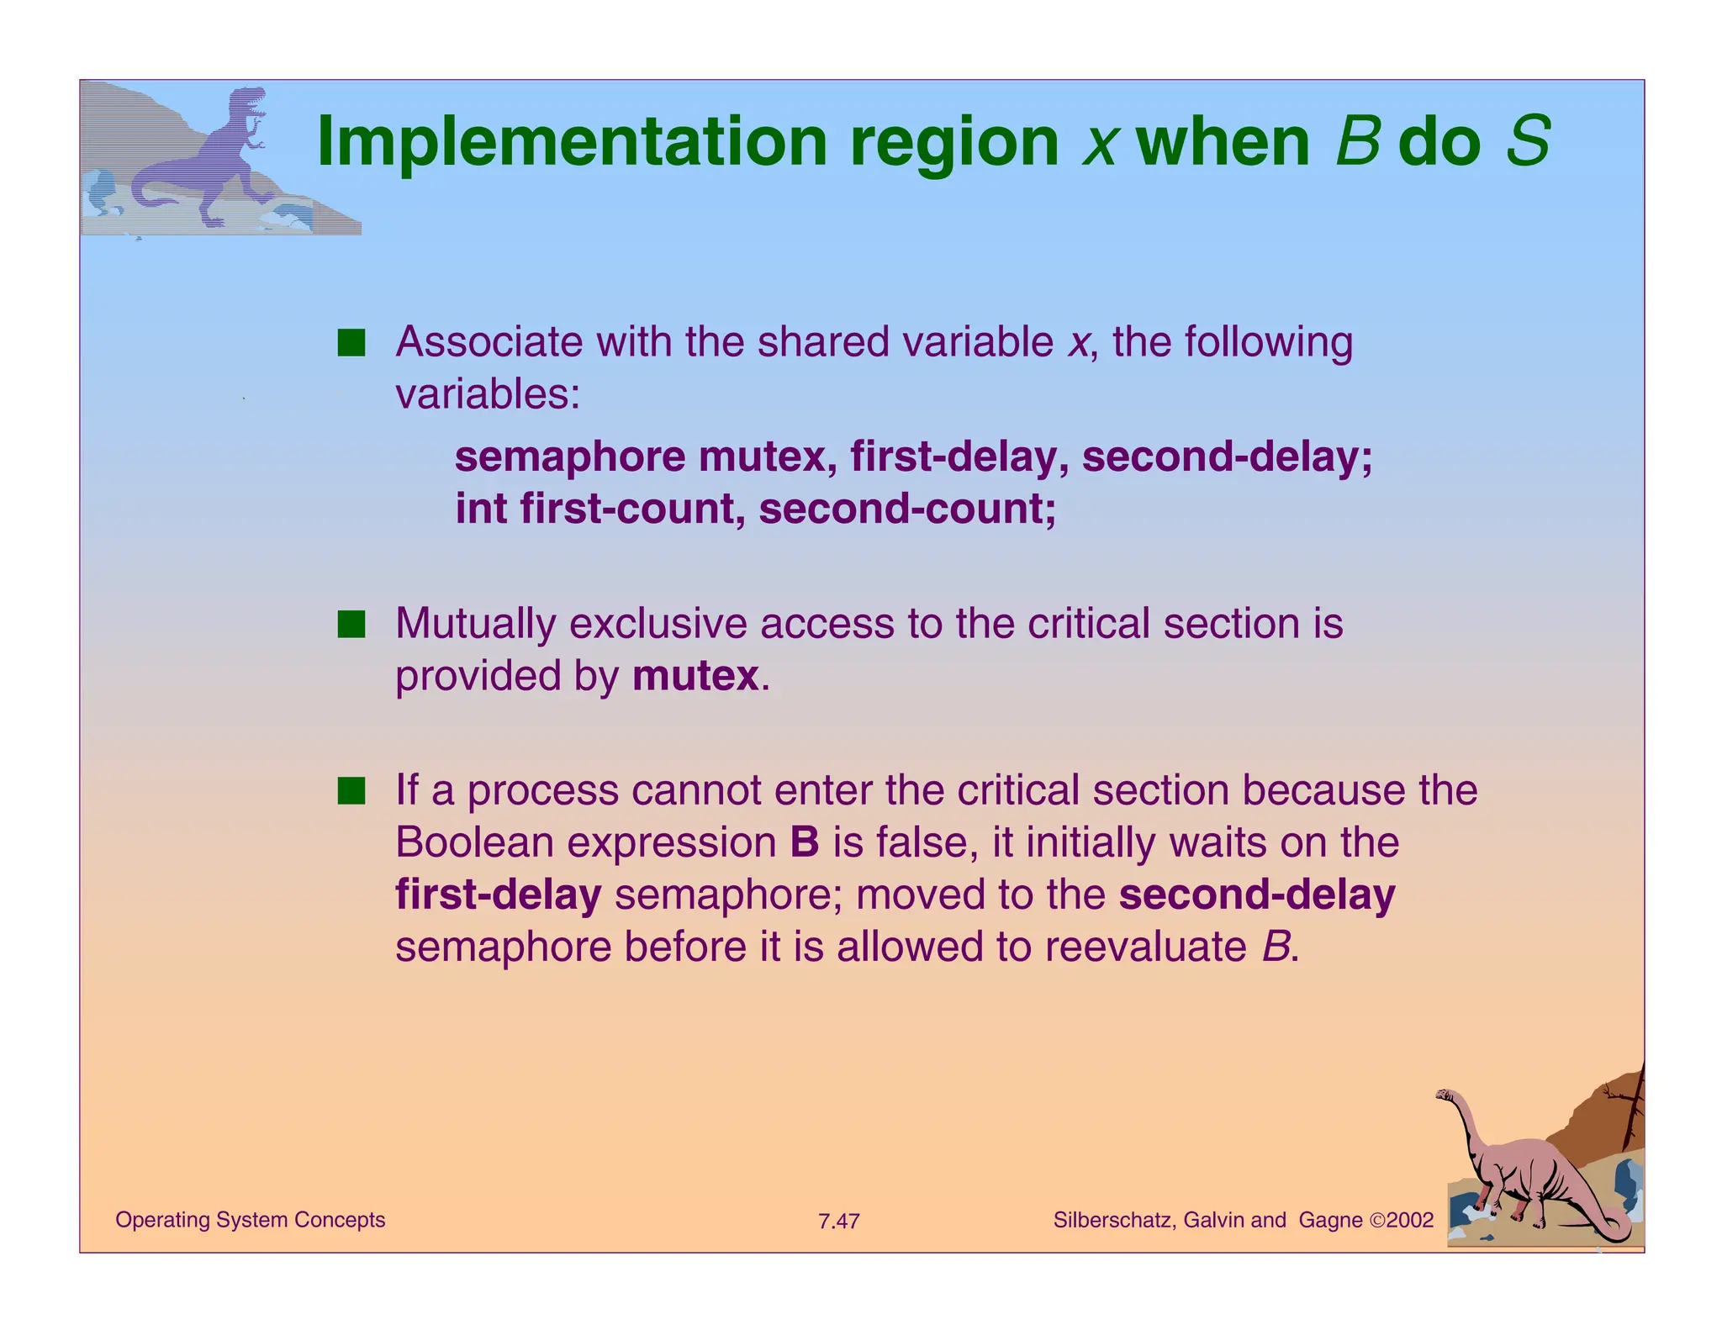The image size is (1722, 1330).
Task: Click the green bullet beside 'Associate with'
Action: point(351,343)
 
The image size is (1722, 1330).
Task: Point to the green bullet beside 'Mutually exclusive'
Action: point(351,625)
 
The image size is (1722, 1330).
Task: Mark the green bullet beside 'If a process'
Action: point(351,791)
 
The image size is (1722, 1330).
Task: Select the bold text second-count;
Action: point(907,509)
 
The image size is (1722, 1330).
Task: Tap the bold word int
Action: point(481,509)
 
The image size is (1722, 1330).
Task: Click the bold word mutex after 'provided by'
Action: point(695,677)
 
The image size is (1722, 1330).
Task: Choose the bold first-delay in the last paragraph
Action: point(498,895)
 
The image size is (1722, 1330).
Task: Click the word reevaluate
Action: point(1145,947)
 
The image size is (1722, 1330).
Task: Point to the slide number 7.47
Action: point(838,1222)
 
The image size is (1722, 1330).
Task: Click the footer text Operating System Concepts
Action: point(250,1220)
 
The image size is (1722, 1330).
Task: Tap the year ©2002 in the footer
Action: point(1401,1221)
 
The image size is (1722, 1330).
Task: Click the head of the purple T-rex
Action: point(249,99)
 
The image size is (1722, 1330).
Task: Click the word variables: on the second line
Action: point(488,394)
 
